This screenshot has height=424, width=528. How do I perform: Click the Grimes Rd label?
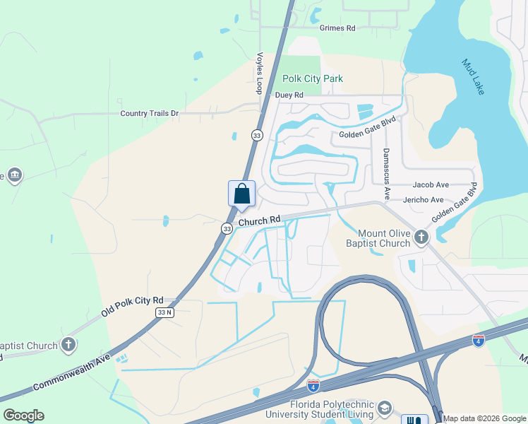pyautogui.click(x=337, y=28)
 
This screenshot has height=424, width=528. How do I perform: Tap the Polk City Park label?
pyautogui.click(x=313, y=78)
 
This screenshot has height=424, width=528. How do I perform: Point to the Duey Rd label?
pyautogui.click(x=289, y=95)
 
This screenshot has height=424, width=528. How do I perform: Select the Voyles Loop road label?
pyautogui.click(x=260, y=73)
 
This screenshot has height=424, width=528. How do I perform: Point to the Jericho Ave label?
pyautogui.click(x=423, y=200)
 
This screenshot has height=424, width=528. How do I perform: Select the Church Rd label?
pyautogui.click(x=259, y=221)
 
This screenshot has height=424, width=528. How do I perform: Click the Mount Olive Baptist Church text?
pyautogui.click(x=384, y=238)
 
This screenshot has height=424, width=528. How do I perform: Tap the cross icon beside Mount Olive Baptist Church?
pyautogui.click(x=421, y=237)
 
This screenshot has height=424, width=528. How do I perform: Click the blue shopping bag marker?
pyautogui.click(x=241, y=194)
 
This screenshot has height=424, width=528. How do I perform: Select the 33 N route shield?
pyautogui.click(x=164, y=312)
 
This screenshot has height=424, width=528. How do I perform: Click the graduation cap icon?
pyautogui.click(x=385, y=408)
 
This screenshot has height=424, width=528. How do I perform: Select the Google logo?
pyautogui.click(x=23, y=416)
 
